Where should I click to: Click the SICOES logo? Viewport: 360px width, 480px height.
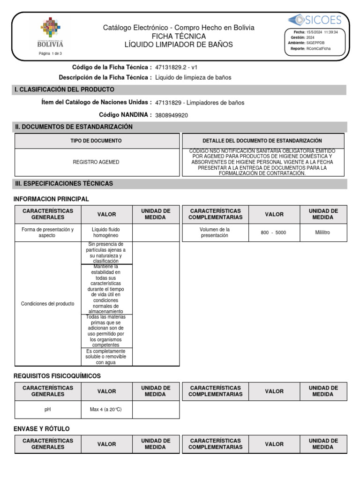tap(315, 19)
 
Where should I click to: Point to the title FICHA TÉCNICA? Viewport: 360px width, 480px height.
tap(179, 36)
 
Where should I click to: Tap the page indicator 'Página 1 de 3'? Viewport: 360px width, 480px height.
tap(50, 53)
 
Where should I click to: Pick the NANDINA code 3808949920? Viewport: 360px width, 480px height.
tap(171, 115)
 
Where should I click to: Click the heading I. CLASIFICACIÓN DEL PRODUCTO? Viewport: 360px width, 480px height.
tap(65, 90)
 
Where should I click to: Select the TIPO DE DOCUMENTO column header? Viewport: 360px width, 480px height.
tap(96, 141)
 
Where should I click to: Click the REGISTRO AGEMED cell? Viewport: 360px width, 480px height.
tap(96, 162)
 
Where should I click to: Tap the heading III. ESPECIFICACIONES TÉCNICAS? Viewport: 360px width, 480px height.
tap(64, 184)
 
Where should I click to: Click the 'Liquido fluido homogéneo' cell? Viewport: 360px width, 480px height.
tap(106, 232)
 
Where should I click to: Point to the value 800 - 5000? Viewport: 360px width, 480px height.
tap(273, 232)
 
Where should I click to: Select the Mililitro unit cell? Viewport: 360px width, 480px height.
tap(322, 232)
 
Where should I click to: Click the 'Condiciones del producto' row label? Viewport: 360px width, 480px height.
tap(47, 304)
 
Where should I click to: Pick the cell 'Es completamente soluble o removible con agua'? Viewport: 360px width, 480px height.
tap(106, 357)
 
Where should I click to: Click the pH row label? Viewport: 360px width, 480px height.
tap(47, 409)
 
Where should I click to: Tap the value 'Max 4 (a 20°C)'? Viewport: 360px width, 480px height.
tap(106, 409)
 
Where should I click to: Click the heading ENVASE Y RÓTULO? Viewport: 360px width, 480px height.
tap(42, 428)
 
